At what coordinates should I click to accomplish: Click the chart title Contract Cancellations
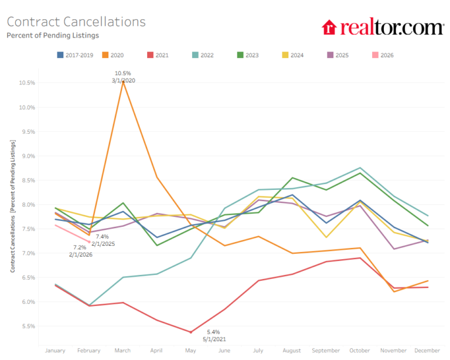(x=76, y=22)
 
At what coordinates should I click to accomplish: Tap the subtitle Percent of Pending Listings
(x=53, y=35)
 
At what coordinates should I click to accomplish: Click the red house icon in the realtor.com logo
(x=329, y=28)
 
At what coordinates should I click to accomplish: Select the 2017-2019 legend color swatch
(x=60, y=55)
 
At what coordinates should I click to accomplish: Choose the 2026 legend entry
(x=383, y=55)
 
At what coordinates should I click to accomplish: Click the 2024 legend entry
(x=293, y=55)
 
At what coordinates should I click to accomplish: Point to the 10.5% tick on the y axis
(x=27, y=83)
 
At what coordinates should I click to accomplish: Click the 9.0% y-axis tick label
(x=28, y=156)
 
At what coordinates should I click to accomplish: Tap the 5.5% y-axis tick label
(x=28, y=326)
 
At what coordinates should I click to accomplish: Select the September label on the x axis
(x=326, y=351)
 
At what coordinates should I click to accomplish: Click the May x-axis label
(x=190, y=351)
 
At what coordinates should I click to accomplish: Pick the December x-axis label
(x=427, y=351)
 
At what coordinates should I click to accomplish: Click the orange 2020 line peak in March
(x=123, y=82)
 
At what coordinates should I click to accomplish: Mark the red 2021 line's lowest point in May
(x=191, y=332)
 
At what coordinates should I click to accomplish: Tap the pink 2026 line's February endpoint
(x=89, y=242)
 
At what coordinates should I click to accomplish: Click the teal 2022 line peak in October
(x=360, y=168)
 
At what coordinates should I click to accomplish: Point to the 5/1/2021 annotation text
(x=214, y=339)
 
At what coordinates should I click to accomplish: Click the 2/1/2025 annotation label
(x=103, y=244)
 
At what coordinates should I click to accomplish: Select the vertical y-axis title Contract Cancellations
(x=13, y=244)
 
